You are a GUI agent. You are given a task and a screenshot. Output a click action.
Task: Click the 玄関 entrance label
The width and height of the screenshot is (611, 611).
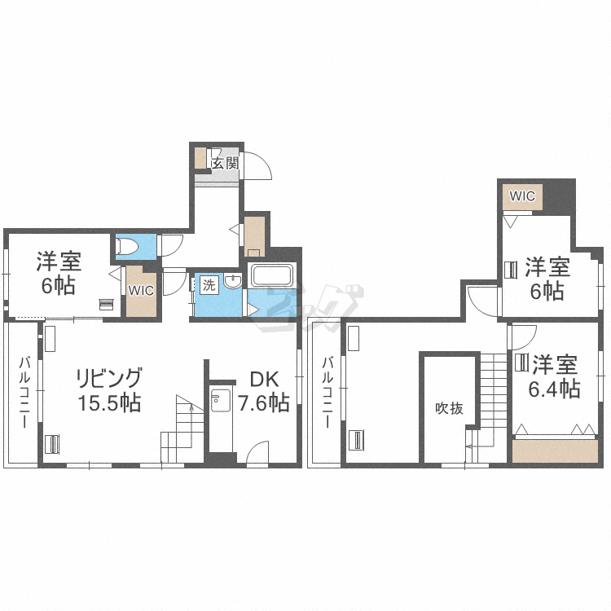[x=225, y=162]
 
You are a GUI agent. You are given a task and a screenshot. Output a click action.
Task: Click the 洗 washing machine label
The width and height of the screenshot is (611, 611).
[x=209, y=286]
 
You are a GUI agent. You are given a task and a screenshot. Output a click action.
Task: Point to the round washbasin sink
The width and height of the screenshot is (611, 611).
[x=234, y=284]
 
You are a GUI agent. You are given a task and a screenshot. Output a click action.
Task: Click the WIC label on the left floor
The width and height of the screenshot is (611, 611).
[x=140, y=289]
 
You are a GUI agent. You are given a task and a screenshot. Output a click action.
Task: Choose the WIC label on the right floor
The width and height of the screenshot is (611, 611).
[x=522, y=196]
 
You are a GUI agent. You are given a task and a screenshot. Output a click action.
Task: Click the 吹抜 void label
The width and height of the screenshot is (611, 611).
[x=449, y=408]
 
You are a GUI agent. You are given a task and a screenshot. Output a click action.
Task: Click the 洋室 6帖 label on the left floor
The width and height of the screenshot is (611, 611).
[x=58, y=274]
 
